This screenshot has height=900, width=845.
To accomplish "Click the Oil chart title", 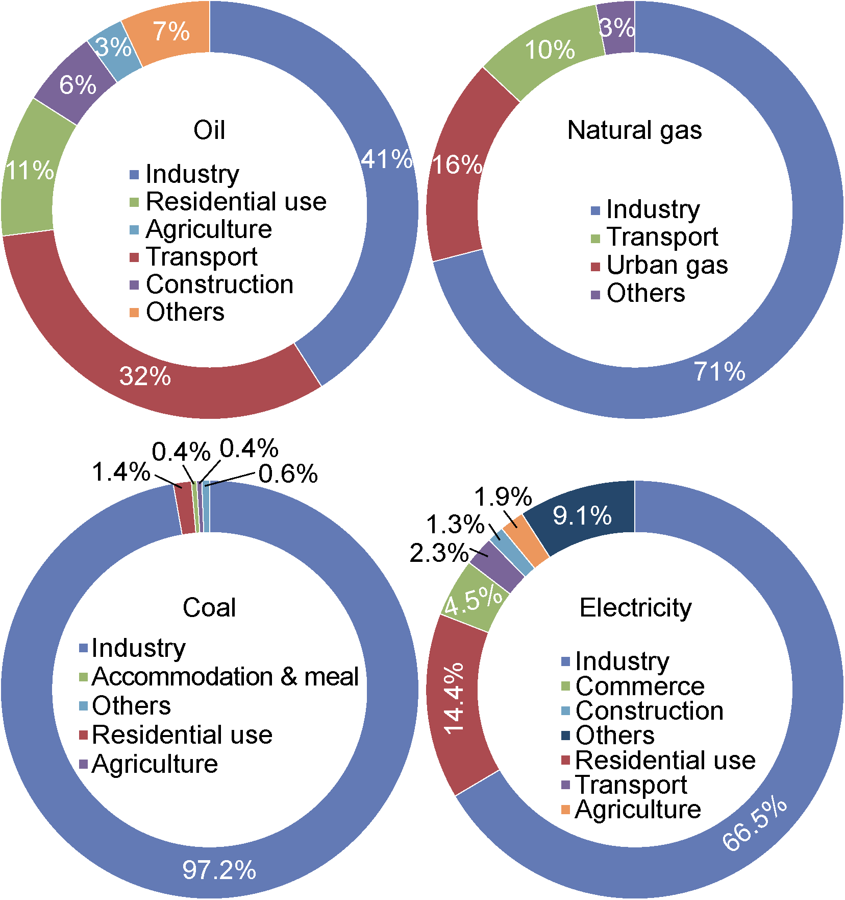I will [x=209, y=130].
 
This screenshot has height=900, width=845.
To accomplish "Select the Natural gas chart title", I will [x=634, y=130].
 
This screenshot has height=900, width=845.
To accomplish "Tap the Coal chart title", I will [x=209, y=608].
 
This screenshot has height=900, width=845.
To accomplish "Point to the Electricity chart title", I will [x=635, y=608].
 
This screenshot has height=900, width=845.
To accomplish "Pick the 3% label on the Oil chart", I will [x=114, y=48].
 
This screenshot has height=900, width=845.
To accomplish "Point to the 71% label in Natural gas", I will [x=719, y=372].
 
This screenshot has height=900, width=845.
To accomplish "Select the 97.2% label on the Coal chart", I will [x=219, y=870].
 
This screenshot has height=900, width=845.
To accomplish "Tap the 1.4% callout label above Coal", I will [x=121, y=472].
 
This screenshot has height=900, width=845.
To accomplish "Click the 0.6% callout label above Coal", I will [x=288, y=474].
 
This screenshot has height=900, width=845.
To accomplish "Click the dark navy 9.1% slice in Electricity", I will [x=582, y=516].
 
